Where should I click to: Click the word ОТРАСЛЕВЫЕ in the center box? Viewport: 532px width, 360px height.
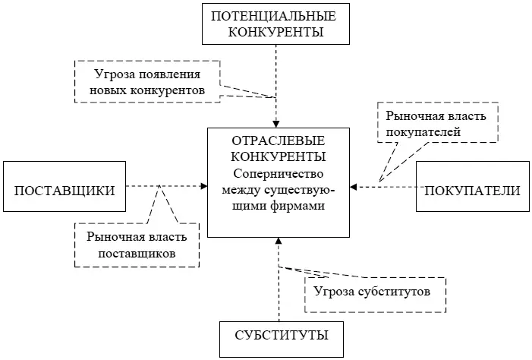[x=278, y=142]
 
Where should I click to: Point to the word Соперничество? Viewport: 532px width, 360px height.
[x=278, y=173]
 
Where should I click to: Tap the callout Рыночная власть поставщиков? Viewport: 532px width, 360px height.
[x=137, y=245]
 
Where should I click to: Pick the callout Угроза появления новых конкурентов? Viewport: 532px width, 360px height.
[x=147, y=81]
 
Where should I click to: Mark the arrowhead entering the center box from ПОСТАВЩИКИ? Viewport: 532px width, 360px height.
[x=203, y=186]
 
